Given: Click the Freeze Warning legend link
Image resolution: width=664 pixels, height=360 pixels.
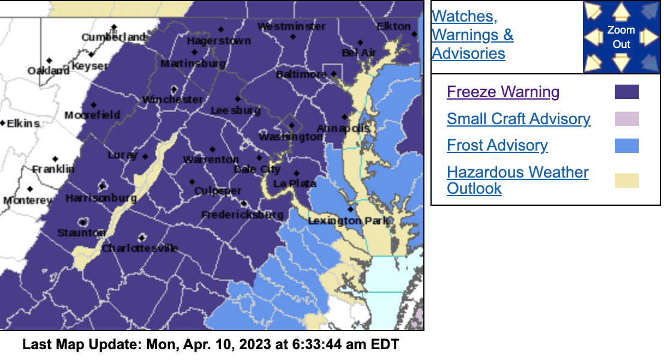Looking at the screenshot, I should pos(503,92).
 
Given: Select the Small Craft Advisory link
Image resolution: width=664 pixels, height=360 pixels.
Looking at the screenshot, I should pos(518,119).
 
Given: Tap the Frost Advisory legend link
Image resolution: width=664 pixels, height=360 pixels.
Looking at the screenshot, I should pos(497,146).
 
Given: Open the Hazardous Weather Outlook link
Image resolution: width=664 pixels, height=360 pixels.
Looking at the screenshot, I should pos(517,180).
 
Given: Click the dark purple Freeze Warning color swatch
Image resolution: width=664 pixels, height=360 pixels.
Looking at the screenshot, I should pos(626,92).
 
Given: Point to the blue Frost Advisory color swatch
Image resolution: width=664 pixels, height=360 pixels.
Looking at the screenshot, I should pos(626,146).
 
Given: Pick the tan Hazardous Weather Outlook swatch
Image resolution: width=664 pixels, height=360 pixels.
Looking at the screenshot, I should pos(626,181).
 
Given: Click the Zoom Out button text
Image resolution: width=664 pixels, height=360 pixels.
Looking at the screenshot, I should pos(621,37).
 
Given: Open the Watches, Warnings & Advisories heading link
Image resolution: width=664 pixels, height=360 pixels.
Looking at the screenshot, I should pos(472,35).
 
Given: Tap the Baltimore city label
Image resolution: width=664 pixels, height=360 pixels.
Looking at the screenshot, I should pos(301,74).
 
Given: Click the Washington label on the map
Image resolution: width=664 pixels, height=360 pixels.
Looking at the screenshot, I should pos(291,137).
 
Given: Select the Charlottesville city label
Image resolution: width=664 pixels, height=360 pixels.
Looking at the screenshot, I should pos(140,248).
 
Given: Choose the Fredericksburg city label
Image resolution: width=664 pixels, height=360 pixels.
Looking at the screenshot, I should pos(242,215).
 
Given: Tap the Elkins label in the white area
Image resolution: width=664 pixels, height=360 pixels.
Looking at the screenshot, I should pos(23,124).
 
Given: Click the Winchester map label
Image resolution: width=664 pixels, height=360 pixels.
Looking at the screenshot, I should pos(172,100).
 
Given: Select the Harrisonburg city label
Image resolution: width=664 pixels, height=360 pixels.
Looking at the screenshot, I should pos(101,198).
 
